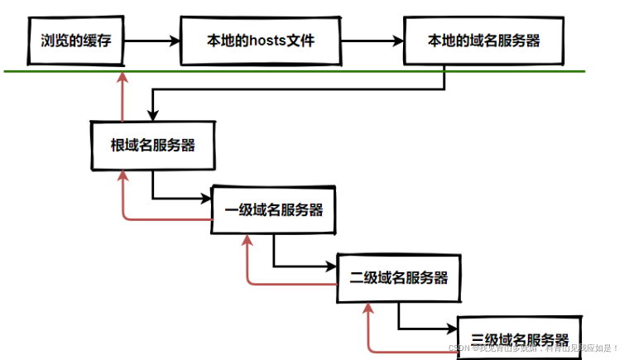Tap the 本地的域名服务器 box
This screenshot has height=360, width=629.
pos(484,40)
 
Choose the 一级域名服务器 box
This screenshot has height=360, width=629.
pos(274,209)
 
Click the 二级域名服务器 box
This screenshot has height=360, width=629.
pos(398,277)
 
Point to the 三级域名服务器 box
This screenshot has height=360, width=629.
pos(520,338)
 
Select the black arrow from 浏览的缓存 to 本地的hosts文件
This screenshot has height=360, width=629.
pos(152,40)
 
